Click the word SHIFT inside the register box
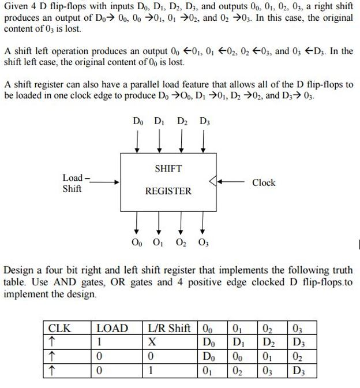click(168, 169)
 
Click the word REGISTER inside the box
click(168, 191)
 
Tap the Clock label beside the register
click(264, 182)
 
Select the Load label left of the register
click(73, 178)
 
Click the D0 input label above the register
click(138, 122)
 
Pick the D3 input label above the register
click(204, 122)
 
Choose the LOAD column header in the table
click(112, 329)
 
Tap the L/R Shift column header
click(170, 329)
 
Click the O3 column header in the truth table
click(297, 329)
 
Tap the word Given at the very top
click(17, 6)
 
